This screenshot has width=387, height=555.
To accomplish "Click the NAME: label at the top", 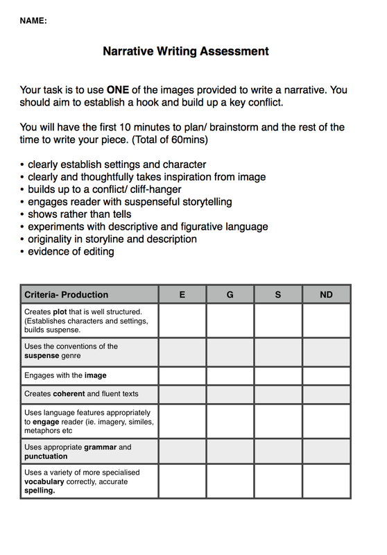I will (33, 21).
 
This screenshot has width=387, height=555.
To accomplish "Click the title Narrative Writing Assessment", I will (186, 51).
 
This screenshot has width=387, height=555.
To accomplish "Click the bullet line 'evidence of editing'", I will (71, 251).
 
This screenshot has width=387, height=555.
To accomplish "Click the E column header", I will (182, 294).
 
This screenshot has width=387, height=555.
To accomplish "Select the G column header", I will (230, 294).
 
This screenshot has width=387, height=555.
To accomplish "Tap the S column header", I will (278, 294).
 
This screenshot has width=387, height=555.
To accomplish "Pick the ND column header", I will (326, 294).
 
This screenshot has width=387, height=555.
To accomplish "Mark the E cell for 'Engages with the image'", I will (182, 376).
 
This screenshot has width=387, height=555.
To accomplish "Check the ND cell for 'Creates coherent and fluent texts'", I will (326, 394).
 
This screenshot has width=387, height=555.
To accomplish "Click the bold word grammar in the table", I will (101, 447).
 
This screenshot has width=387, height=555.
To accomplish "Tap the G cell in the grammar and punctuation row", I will (230, 452).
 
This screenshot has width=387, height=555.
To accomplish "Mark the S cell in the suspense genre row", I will (278, 352).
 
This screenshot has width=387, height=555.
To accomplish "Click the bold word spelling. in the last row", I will (40, 490).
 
